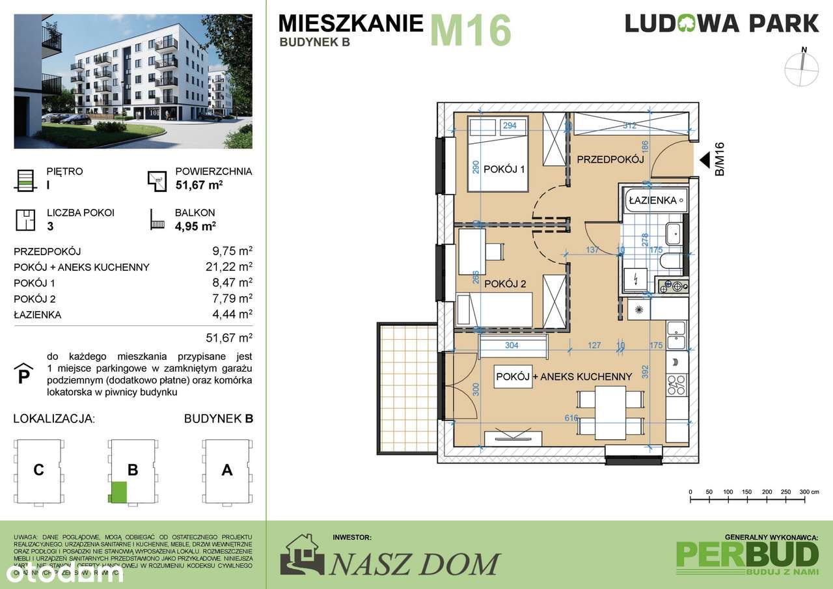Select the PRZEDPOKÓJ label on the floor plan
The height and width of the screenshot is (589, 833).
point(610,159)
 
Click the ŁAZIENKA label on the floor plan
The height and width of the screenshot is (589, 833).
point(652,200)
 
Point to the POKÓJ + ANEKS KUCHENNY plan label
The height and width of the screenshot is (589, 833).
point(564,377)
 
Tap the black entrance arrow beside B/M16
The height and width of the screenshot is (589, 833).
point(705,160)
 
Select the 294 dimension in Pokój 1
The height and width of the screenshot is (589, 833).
point(510,126)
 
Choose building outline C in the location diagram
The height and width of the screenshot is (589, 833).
point(39,470)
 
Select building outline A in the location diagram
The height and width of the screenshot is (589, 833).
point(226,470)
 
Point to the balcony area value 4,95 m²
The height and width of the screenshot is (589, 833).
point(195,226)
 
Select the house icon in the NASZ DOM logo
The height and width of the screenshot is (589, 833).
point(302,554)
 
